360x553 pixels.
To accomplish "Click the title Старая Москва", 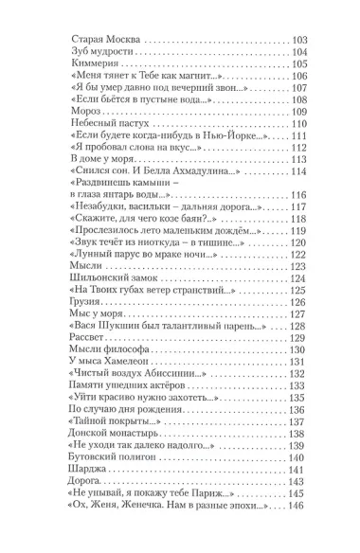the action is pos(105,39).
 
